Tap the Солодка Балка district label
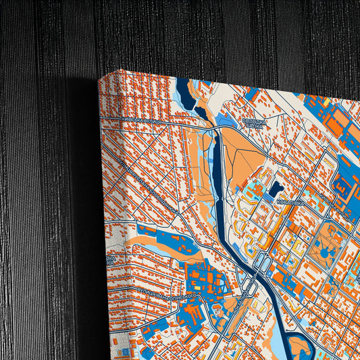tap(253, 123)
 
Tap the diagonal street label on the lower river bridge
tap(243, 297)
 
